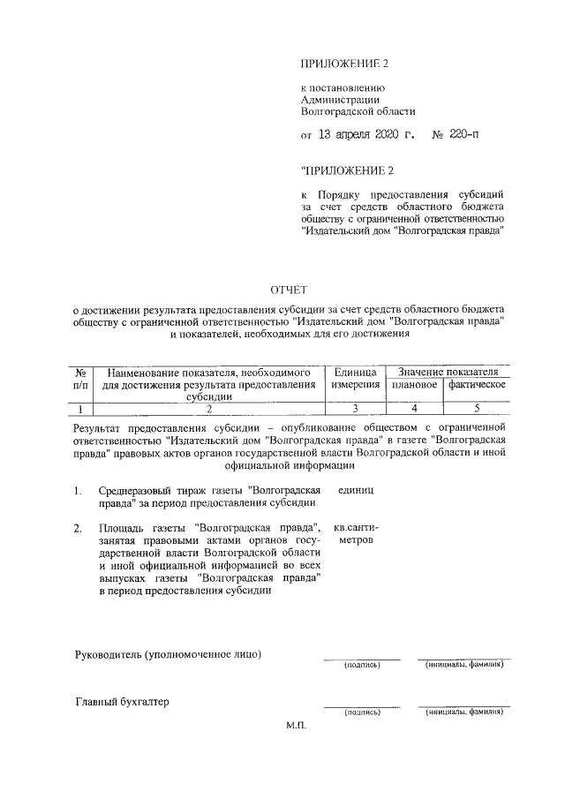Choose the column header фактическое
coord(477,385)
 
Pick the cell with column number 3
coord(356,408)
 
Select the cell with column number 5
coord(477,408)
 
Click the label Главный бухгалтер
coord(122,703)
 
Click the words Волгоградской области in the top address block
coord(358,112)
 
